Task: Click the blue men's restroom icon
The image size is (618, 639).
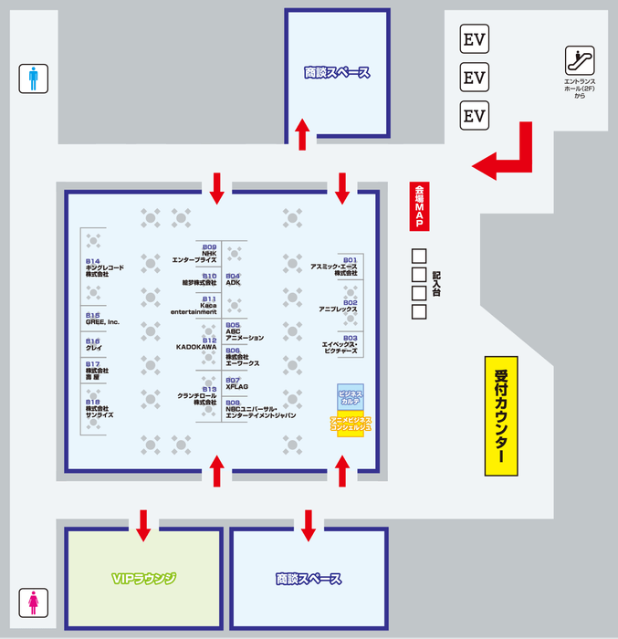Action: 34,79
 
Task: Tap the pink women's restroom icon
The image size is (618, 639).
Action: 34,602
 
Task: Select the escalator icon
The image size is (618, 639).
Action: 580,60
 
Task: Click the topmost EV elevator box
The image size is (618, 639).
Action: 474,39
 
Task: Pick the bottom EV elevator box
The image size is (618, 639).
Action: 474,116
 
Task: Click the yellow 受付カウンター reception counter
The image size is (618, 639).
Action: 501,415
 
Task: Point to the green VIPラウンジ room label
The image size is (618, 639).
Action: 142,579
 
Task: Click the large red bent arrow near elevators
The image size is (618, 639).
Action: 510,153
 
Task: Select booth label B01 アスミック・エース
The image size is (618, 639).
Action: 334,267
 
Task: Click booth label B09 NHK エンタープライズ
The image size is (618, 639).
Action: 195,254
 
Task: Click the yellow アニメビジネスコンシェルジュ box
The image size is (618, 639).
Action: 351,423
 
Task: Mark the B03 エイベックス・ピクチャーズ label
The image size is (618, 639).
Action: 339,343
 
